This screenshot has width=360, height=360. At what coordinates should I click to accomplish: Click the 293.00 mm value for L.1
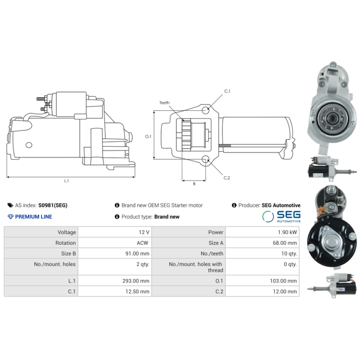coord(138,281)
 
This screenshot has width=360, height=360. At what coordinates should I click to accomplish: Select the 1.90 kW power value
coord(287,232)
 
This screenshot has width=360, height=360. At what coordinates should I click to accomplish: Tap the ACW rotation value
coord(144,243)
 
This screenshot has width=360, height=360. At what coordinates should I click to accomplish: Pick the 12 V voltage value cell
coord(145,232)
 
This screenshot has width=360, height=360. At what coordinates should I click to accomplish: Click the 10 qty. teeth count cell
coord(288,253)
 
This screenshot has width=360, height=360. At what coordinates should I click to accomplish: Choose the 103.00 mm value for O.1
coord(284,281)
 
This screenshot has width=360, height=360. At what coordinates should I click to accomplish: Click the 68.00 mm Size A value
coord(284,243)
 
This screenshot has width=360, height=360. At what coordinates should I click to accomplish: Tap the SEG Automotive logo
coord(281,216)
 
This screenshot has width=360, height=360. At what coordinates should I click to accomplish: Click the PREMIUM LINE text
coord(33,217)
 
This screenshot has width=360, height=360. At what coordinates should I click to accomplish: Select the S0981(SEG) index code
coord(53,205)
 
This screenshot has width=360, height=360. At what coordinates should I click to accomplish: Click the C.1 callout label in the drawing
coord(227,91)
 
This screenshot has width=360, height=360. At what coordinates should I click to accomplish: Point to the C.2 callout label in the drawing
coord(227,178)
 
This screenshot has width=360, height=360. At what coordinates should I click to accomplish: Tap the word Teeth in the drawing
coord(164,103)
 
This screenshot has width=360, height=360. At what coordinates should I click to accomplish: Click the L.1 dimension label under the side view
coord(66,181)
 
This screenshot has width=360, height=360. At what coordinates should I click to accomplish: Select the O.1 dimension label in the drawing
coord(148,136)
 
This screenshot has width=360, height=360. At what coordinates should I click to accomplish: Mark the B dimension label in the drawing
coord(194,184)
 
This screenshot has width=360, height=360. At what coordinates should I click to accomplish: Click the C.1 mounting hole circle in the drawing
coord(206,109)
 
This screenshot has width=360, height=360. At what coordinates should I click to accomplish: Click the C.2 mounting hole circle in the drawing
coord(206,159)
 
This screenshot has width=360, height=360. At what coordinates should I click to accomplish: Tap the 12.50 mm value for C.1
coord(138,292)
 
